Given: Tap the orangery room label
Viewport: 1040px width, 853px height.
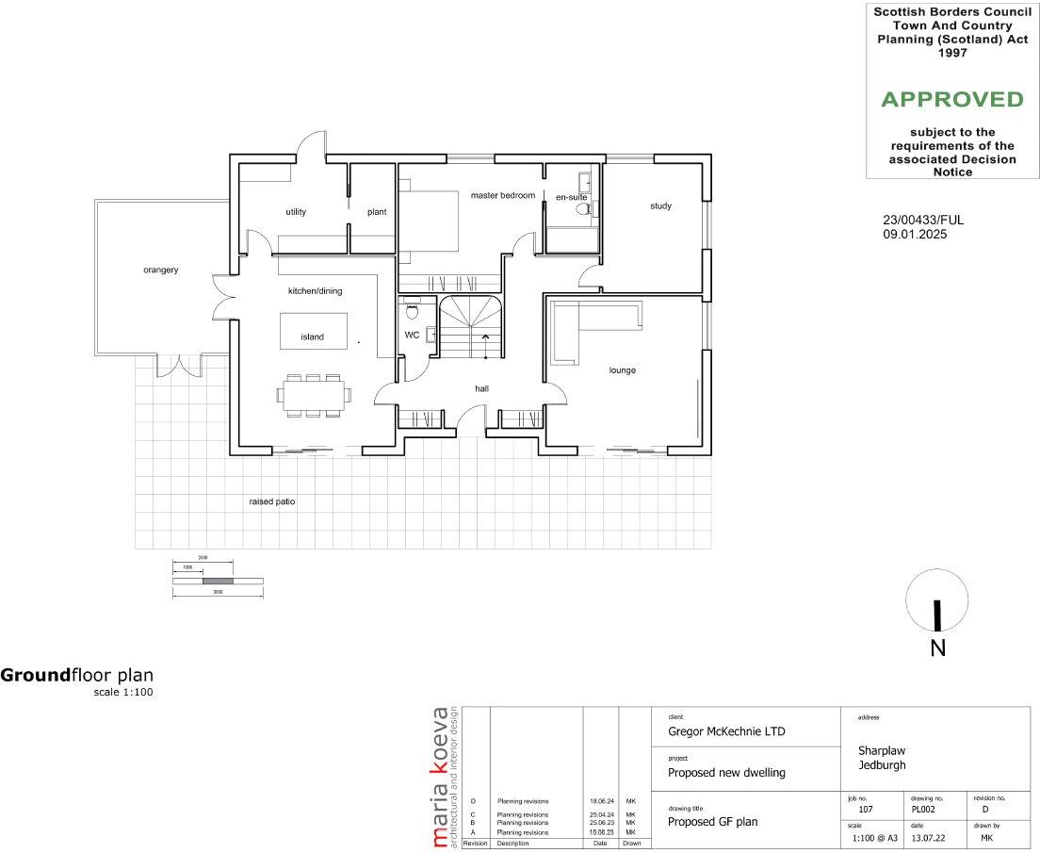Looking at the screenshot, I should tap(161, 270).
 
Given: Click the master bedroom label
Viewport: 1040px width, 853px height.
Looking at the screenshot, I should tap(502, 195).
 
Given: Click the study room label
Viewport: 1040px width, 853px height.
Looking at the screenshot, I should tap(660, 205).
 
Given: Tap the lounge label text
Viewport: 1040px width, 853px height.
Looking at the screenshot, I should tap(622, 370).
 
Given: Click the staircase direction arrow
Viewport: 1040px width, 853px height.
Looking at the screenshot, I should tap(486, 337).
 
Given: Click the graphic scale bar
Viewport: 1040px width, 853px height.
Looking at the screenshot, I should tap(218, 581).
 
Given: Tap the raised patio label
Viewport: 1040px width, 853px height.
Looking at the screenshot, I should tap(271, 501).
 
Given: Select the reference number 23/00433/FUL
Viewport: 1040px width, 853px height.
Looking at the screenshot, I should tap(923, 221).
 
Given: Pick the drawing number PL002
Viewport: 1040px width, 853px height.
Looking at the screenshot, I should tap(924, 810).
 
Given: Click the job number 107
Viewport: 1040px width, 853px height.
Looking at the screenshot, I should tap(866, 810).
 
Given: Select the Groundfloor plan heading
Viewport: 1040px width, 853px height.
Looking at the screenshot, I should tap(76, 675).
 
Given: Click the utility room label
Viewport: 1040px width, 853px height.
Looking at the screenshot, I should tap(296, 212).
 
